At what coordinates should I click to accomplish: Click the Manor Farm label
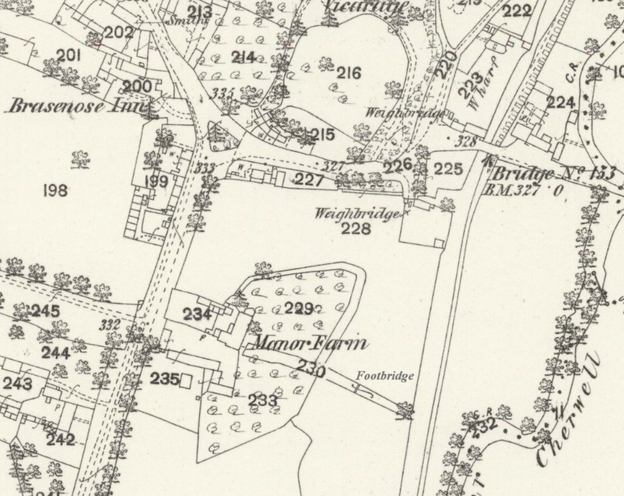pos(309,344)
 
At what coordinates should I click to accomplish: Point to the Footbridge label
pos(385,377)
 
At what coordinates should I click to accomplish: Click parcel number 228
pos(356,229)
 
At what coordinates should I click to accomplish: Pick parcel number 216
pos(348,73)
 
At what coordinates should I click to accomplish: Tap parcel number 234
pos(197,315)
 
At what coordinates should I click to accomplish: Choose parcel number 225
pos(448,170)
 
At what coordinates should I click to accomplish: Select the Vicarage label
pos(366,6)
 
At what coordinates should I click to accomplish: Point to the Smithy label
pos(187,21)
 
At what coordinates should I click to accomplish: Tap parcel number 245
pos(45,311)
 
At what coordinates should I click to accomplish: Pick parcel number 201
pos(68,55)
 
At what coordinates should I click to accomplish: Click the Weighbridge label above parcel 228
pos(356,214)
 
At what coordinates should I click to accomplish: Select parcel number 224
pos(560,102)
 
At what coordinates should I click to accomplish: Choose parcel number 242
pos(60,440)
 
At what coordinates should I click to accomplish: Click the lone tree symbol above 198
pos(80,158)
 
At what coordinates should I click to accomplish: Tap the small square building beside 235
pos(186,381)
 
